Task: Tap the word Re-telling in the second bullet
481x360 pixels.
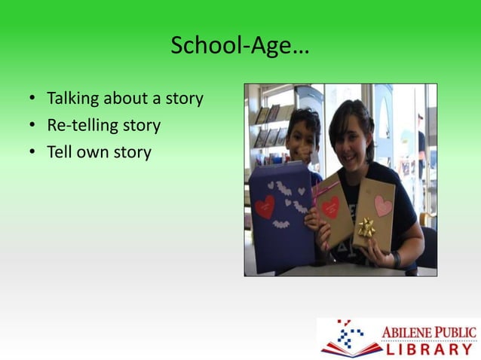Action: (78, 126)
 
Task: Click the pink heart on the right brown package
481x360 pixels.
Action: (384, 205)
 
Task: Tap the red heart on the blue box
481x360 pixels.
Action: (265, 207)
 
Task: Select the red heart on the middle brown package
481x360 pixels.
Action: (330, 206)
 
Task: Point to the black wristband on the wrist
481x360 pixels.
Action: (397, 258)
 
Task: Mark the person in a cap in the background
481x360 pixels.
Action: (420, 143)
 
